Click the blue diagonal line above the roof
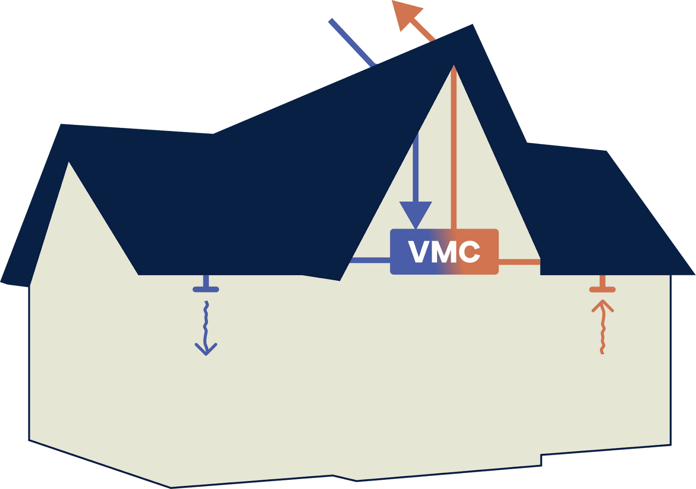pyautogui.click(x=351, y=42)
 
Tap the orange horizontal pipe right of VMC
pyautogui.click(x=519, y=262)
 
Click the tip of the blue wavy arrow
pyautogui.click(x=206, y=354)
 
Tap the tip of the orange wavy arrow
pyautogui.click(x=602, y=301)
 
